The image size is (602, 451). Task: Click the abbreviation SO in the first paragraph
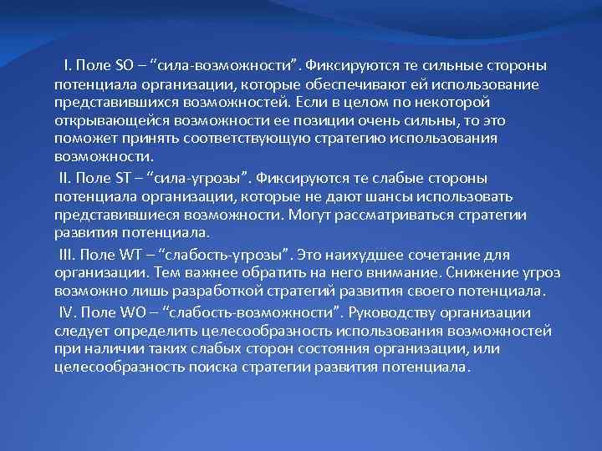pos(124,65)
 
